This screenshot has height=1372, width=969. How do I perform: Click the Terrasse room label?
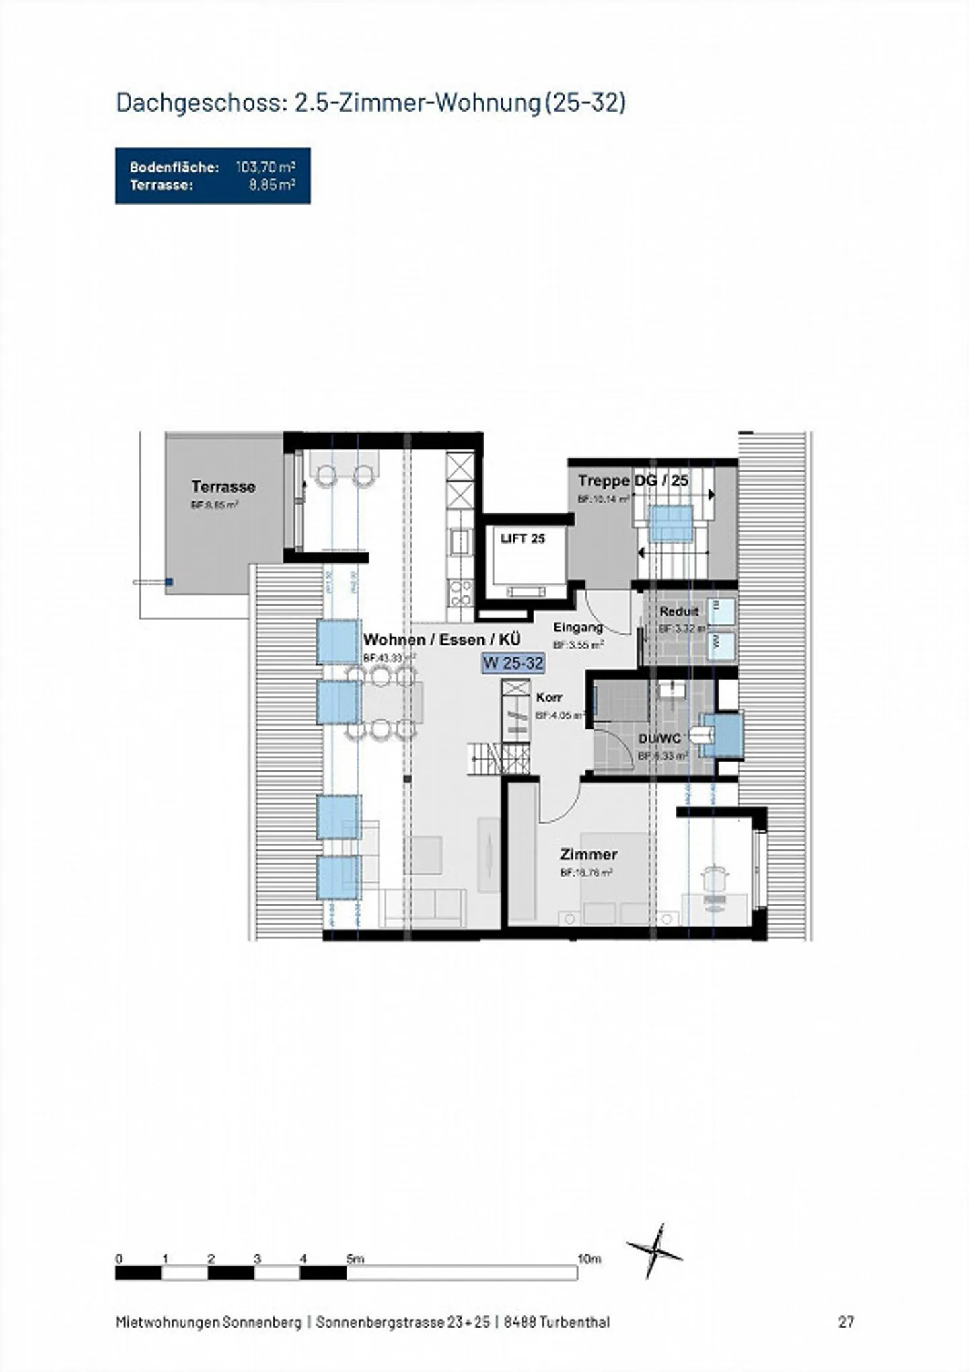click(223, 486)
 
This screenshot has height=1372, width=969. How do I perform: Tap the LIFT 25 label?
click(522, 538)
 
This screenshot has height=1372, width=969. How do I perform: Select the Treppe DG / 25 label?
click(633, 480)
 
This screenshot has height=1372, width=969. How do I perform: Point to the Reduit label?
click(678, 612)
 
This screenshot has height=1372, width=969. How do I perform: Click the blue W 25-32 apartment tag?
click(513, 663)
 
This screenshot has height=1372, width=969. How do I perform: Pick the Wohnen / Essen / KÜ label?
click(441, 639)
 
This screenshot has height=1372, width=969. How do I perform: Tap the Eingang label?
click(577, 627)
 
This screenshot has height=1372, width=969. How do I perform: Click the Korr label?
click(549, 698)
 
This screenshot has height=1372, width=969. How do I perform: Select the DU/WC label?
click(659, 739)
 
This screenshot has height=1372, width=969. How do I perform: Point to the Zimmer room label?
click(588, 855)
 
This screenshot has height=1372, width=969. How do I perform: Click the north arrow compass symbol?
click(655, 1251)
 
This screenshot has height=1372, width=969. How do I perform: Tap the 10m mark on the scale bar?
click(589, 1258)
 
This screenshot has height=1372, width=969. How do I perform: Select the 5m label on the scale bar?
click(355, 1258)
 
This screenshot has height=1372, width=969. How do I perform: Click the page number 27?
click(846, 1322)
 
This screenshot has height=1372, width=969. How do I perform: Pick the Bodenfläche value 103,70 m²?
click(265, 167)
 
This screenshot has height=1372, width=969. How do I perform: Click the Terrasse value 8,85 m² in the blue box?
click(272, 185)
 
